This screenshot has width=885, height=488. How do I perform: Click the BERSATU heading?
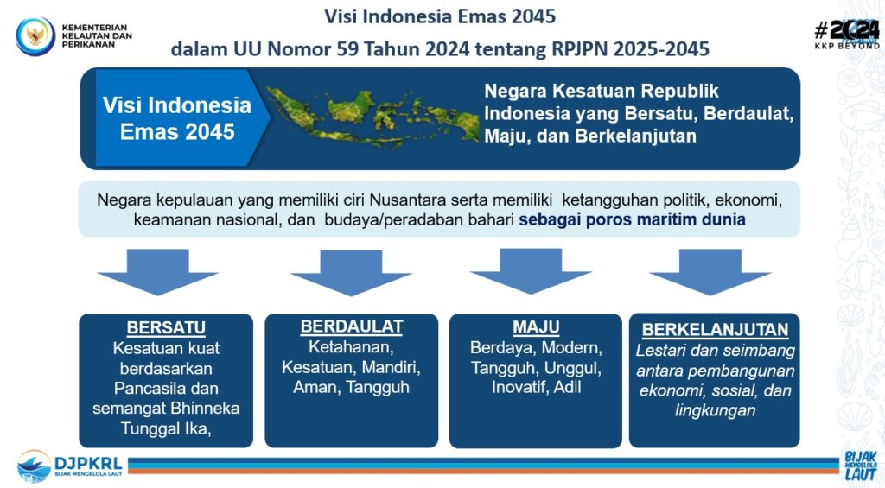point(166,327)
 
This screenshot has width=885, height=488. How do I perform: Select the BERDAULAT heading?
point(352,326)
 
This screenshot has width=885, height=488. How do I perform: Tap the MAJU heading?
point(536,327)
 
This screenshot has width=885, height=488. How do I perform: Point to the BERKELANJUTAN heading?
point(715,329)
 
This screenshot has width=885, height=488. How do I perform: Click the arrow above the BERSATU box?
point(157,272)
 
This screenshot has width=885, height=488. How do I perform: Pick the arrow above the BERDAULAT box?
point(351,272)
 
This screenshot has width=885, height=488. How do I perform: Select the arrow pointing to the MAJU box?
point(531,271)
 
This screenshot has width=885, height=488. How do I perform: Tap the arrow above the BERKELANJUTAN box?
point(710,272)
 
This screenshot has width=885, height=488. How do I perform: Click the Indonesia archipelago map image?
point(372,115)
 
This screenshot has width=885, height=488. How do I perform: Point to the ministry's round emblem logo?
point(35,36)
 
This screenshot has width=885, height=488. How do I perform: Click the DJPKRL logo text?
point(88,464)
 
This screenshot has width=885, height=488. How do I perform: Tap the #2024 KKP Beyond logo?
point(847,34)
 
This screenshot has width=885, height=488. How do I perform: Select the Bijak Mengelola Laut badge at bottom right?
point(860,466)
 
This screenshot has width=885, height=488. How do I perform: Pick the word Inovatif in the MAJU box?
point(519,388)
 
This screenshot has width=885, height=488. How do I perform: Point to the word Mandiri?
point(391,368)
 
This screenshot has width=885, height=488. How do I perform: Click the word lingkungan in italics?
point(715,411)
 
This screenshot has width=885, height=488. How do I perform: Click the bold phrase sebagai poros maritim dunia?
point(632,219)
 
